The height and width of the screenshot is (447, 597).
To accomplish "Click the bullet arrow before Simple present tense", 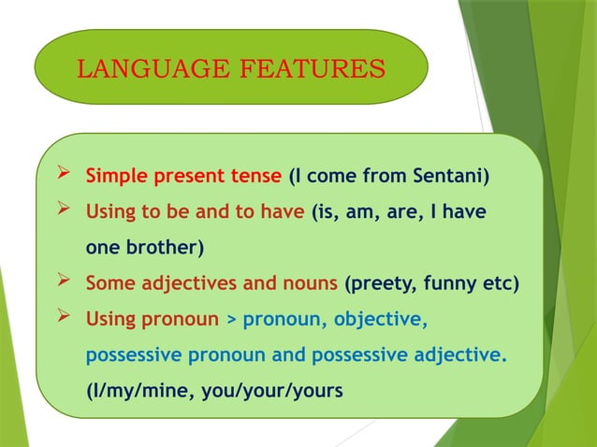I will coord(64,175).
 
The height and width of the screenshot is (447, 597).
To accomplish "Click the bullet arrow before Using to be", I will coord(64,211).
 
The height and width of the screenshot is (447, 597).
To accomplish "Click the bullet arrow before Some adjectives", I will coord(64,283).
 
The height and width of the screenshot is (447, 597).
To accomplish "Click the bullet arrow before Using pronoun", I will coord(64,319).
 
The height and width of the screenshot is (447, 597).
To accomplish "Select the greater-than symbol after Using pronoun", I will coord(230,321).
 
